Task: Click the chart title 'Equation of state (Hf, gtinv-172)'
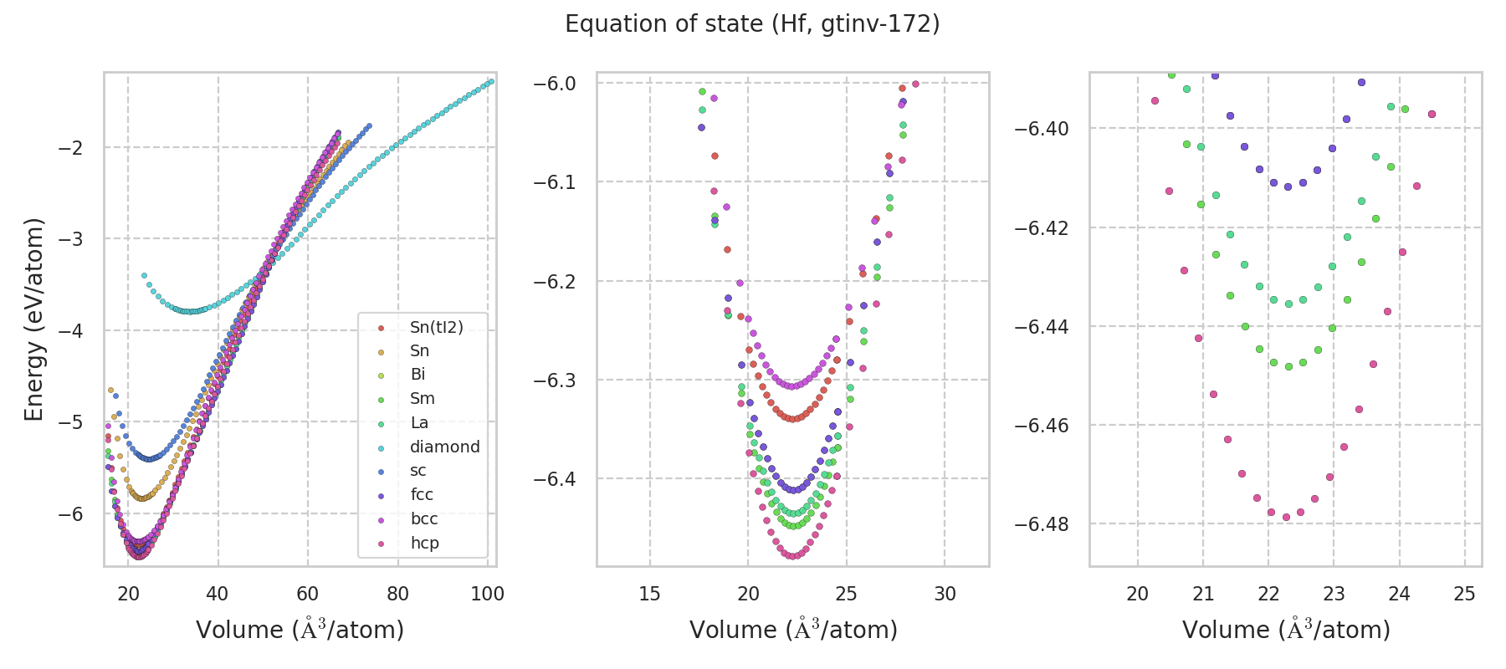point(752,24)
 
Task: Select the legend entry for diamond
point(444,447)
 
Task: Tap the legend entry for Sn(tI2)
point(436,327)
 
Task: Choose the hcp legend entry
point(424,543)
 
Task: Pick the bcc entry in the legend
point(424,518)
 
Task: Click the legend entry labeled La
point(419,422)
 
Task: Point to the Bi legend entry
point(417,375)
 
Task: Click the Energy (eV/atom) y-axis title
point(34,319)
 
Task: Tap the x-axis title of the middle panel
point(793,630)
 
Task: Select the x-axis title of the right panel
point(1286,630)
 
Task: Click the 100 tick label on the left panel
point(487,595)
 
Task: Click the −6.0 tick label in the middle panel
point(555,84)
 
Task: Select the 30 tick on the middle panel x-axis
point(945,595)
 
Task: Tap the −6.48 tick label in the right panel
point(1042,524)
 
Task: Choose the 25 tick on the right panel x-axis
point(1464,595)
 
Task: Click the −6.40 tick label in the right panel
point(1042,129)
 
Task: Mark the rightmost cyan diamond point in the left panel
point(491,81)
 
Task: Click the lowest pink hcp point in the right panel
point(1286,517)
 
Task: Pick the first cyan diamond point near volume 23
point(144,275)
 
